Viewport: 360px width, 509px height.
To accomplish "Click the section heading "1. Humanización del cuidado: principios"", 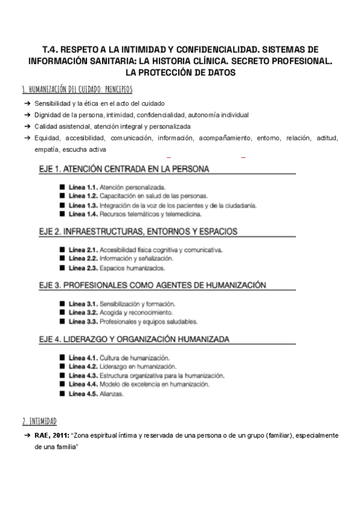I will click(77, 89).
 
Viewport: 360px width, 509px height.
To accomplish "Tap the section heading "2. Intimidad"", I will click(40, 421).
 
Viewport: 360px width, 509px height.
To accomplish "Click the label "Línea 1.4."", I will click(83, 213).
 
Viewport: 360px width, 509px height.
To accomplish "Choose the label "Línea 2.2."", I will click(83, 258).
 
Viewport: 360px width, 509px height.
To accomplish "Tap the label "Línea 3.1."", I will click(83, 304).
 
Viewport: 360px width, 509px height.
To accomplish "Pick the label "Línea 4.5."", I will click(83, 394).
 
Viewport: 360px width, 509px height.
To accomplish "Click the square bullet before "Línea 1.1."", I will click(62, 187).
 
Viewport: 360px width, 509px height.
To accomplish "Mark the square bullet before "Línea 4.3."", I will click(62, 375).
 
